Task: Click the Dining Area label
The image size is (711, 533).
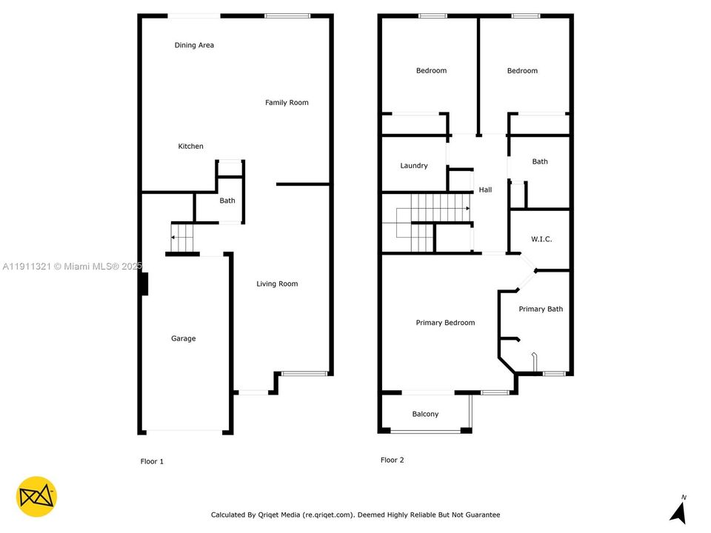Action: click(x=194, y=45)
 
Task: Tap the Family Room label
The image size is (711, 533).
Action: click(x=287, y=102)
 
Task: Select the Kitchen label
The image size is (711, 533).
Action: click(x=190, y=146)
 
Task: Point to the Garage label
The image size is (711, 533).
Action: click(x=184, y=338)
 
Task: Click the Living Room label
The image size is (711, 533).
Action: click(x=277, y=284)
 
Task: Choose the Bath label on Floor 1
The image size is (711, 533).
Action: click(x=227, y=201)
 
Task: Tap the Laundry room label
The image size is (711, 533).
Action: click(x=414, y=166)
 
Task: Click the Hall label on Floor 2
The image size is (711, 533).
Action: click(x=485, y=190)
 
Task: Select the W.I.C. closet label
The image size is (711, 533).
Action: click(x=541, y=239)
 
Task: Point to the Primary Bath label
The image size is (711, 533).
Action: click(x=541, y=309)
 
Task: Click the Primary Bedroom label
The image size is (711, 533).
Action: click(x=445, y=322)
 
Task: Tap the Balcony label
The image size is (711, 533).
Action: click(x=425, y=414)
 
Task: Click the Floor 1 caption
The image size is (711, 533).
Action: click(x=152, y=461)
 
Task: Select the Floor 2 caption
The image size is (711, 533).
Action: click(x=393, y=460)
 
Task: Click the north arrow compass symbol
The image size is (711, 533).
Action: click(x=677, y=510)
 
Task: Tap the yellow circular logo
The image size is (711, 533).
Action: click(x=36, y=497)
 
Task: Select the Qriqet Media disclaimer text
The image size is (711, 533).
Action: click(x=355, y=514)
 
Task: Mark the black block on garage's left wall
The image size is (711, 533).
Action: click(x=144, y=284)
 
